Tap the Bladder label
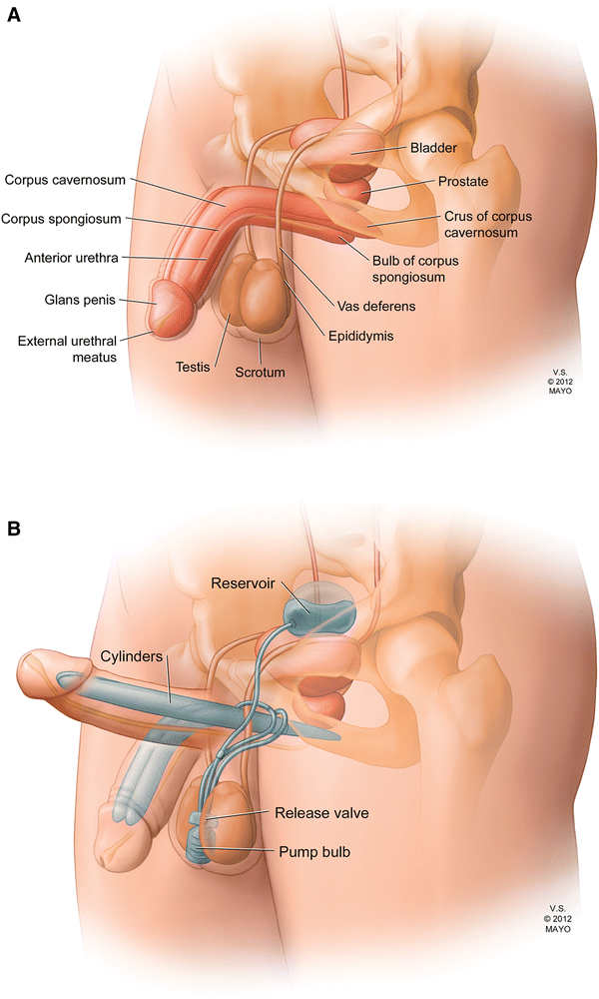tap(433, 148)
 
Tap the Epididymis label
tap(360, 337)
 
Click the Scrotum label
tap(260, 372)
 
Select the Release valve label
tap(321, 813)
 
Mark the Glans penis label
tap(88, 297)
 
